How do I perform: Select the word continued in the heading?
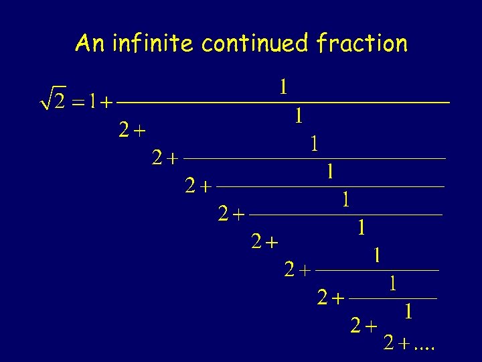[255, 44]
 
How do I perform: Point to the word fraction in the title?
[361, 44]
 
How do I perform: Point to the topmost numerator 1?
[284, 86]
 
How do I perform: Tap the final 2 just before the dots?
[388, 344]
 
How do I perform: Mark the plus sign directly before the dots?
[404, 345]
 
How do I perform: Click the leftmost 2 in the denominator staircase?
[123, 130]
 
